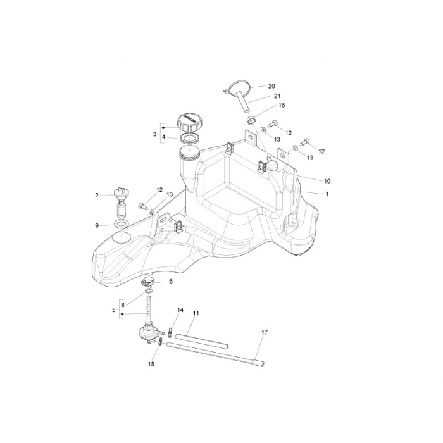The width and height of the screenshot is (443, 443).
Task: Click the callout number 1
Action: pyautogui.click(x=327, y=194)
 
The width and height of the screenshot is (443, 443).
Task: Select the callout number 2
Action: pyautogui.click(x=97, y=196)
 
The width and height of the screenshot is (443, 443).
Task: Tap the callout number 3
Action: pyautogui.click(x=154, y=134)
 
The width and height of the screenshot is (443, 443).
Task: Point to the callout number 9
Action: pyautogui.click(x=97, y=225)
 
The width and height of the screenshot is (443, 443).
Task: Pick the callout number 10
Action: pyautogui.click(x=327, y=181)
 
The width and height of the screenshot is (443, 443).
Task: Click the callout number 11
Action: pyautogui.click(x=196, y=313)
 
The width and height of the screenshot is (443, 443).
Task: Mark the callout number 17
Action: pyautogui.click(x=265, y=332)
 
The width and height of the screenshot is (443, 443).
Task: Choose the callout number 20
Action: pyautogui.click(x=271, y=86)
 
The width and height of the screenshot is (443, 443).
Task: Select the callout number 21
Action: pyautogui.click(x=277, y=96)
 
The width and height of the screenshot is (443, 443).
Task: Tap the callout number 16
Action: pyautogui.click(x=282, y=106)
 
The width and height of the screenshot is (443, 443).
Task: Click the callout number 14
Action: pyautogui.click(x=180, y=310)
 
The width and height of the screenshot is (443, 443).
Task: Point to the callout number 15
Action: pyautogui.click(x=151, y=365)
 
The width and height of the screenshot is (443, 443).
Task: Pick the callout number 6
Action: pyautogui.click(x=170, y=281)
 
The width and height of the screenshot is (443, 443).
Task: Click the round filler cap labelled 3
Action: pyautogui.click(x=189, y=120)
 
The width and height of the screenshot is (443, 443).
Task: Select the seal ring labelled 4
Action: pyautogui.click(x=190, y=137)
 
